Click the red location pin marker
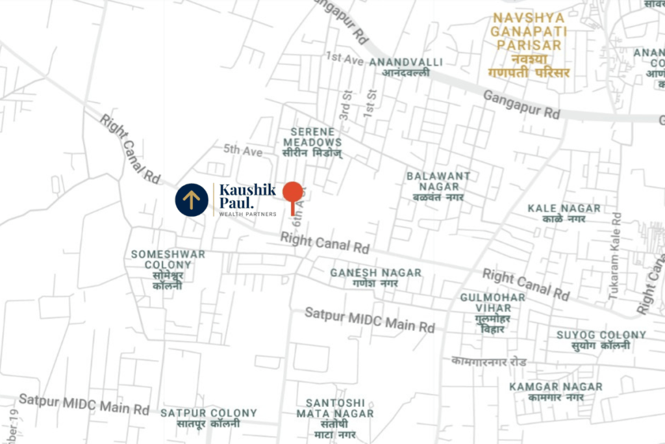pyautogui.click(x=293, y=194)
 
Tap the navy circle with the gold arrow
pyautogui.click(x=192, y=199)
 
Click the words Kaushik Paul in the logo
pyautogui.click(x=247, y=196)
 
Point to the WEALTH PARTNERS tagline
pyautogui.click(x=247, y=214)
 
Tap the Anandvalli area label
pyautogui.click(x=406, y=67)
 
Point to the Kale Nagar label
pyautogui.click(x=564, y=213)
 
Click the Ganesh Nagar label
pyautogui.click(x=376, y=278)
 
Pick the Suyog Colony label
pyautogui.click(x=601, y=340)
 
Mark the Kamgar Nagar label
pyautogui.click(x=556, y=391)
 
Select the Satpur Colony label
pyautogui.click(x=209, y=418)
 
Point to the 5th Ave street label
pyautogui.click(x=244, y=151)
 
